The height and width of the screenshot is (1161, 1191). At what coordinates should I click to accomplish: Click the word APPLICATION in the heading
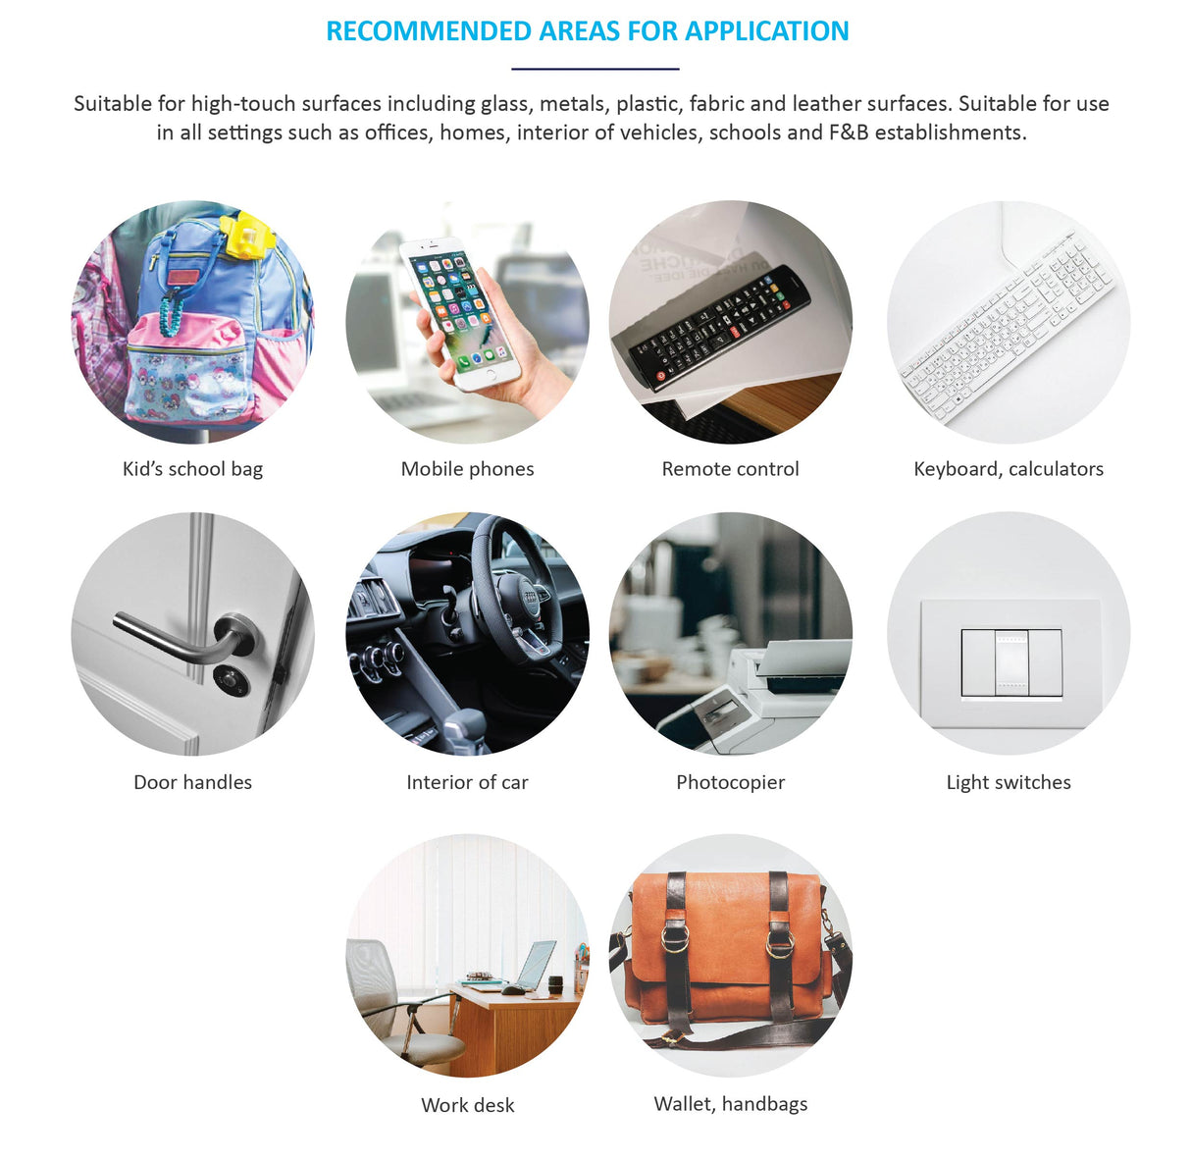click(766, 31)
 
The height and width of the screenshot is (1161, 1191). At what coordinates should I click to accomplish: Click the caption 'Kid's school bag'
click(193, 469)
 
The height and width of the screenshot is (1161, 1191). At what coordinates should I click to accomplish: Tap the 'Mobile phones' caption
click(467, 469)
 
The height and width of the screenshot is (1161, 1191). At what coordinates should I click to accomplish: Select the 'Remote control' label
click(730, 469)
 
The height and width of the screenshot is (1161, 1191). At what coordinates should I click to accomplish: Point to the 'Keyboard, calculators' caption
click(1008, 469)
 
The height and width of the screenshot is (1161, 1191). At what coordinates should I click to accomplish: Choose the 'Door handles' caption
click(193, 782)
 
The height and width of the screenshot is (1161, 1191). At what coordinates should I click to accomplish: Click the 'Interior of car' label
click(467, 782)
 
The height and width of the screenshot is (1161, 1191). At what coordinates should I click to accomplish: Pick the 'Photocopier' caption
click(730, 782)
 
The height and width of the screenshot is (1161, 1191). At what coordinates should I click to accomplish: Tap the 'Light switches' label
click(1008, 782)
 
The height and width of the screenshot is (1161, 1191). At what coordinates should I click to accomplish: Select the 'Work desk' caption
click(468, 1105)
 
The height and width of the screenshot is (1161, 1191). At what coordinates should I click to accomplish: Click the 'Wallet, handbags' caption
click(731, 1103)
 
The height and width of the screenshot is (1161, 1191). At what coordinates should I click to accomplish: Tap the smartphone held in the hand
click(460, 313)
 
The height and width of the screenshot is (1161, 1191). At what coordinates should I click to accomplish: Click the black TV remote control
click(720, 328)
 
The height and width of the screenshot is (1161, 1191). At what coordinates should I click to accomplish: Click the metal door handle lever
click(183, 638)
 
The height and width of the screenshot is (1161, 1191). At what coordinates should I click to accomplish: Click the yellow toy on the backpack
click(245, 236)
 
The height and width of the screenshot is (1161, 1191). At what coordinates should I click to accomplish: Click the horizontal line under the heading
click(595, 70)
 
